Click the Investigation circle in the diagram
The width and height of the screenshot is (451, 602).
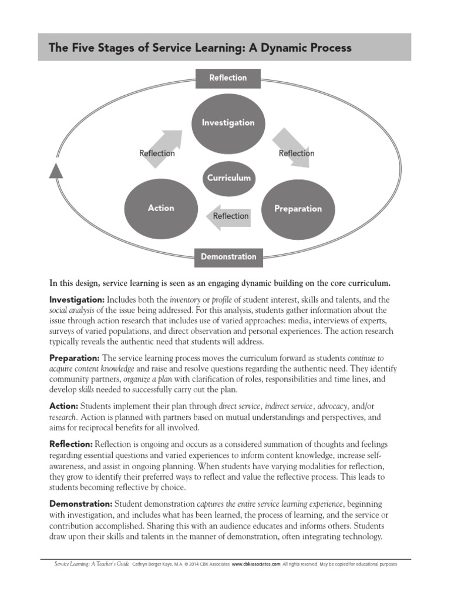(x=228, y=123)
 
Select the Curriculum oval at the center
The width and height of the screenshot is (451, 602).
(x=229, y=178)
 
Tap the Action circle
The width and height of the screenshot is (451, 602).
(x=160, y=208)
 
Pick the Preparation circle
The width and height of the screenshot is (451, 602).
(x=298, y=209)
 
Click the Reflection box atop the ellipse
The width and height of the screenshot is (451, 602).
(x=228, y=78)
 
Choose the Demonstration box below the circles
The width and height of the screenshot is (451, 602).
(x=228, y=256)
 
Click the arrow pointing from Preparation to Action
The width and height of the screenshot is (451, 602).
(x=229, y=216)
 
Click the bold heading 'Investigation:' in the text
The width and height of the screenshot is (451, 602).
(x=77, y=299)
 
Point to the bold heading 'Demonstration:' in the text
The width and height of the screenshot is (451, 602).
(x=80, y=504)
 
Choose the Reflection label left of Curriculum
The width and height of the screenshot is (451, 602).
(x=157, y=153)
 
